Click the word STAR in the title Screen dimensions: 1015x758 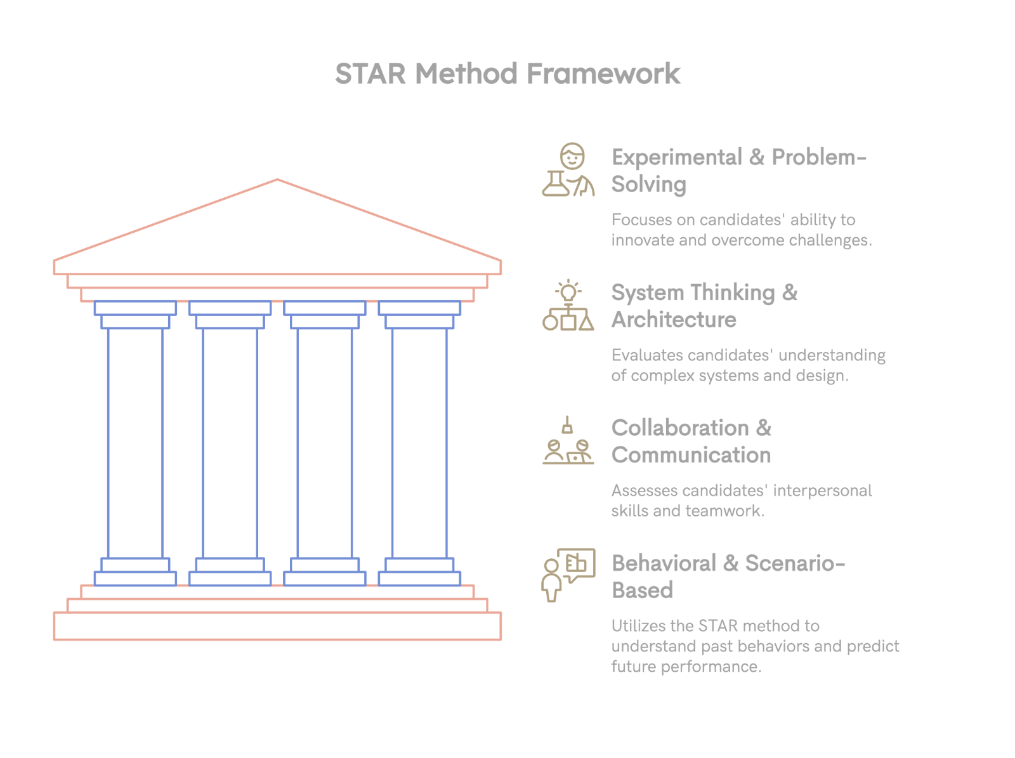pos(370,74)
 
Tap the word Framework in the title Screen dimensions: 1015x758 pos(603,74)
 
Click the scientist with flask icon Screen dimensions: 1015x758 pos(568,170)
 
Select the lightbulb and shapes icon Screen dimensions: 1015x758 pos(568,306)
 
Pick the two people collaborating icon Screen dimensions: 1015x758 pos(568,442)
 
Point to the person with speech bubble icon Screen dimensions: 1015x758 pos(568,575)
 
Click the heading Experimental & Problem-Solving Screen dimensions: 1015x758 pos(738,171)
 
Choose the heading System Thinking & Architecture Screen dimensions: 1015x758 pos(704,306)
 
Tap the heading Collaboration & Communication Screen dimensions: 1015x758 pos(691,441)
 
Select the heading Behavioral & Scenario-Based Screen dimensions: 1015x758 pos(728,577)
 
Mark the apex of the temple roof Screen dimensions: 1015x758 pos(277,180)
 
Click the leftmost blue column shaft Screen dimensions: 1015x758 pos(135,443)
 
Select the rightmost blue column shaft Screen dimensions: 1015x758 pos(420,443)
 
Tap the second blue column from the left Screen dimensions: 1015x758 pos(230,443)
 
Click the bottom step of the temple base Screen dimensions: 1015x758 pos(277,626)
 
